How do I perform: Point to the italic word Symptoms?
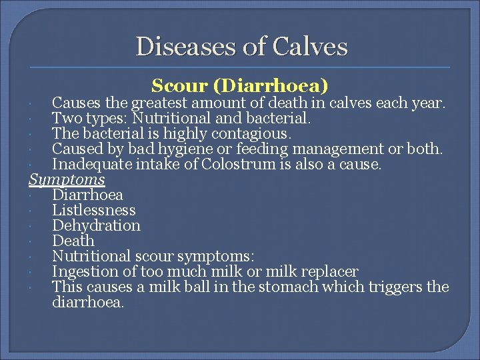pos(67,180)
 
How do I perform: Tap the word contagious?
pos(253,133)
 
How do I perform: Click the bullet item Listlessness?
pos(93,211)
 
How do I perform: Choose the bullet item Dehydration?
pos(96,226)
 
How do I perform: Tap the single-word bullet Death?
pos(73,241)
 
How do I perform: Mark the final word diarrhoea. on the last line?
pos(88,302)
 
